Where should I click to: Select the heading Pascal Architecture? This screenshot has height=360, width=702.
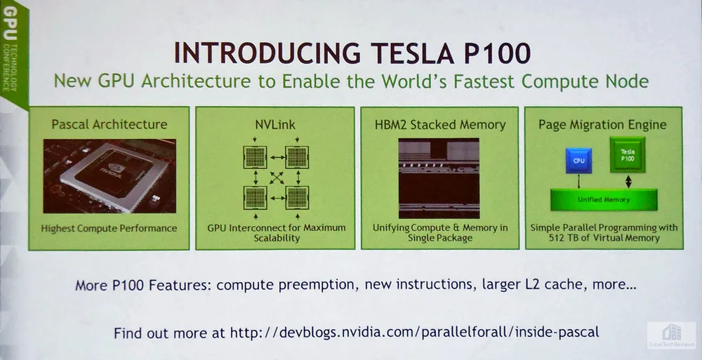coord(110,124)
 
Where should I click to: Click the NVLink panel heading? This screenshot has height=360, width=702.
coord(275,124)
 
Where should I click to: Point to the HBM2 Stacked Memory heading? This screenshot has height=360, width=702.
coord(440,124)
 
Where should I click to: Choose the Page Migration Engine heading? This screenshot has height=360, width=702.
coord(602,125)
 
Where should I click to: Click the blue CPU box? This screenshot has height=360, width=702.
coord(578,160)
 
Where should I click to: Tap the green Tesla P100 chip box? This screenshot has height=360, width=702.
coord(627,155)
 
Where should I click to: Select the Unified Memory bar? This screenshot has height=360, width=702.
coord(604,200)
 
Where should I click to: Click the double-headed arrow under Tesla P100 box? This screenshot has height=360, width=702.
coord(628,181)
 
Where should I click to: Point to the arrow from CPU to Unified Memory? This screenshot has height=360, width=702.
coord(579,181)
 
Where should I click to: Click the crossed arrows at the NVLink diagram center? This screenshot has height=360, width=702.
coord(277,178)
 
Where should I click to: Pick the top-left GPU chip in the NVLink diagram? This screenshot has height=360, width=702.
coord(256,158)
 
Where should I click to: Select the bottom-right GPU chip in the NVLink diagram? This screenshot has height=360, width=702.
coord(297,198)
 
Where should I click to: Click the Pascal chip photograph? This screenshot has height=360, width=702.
coord(110,176)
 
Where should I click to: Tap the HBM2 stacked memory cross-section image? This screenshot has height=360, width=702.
coord(439,178)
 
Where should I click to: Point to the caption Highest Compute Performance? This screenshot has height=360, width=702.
coord(110,228)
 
